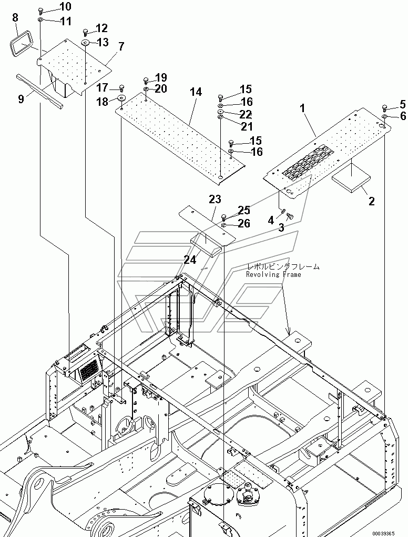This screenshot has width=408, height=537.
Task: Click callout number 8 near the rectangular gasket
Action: pos(15,18)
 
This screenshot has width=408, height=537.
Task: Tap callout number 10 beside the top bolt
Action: pos(65,7)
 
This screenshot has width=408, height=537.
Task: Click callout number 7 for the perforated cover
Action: pos(121,46)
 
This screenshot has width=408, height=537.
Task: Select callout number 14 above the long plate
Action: pos(196,92)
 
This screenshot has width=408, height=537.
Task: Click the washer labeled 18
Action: pos(121,98)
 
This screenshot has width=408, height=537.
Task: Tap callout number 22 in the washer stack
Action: pos(246,114)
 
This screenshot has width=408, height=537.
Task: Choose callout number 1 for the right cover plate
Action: pos(303,108)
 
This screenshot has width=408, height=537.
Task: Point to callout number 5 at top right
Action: pos(403,103)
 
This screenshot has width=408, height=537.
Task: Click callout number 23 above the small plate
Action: pos(215,200)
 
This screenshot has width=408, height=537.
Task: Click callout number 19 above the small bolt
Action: pos(161,77)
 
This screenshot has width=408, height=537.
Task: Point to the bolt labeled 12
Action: pos(86,32)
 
